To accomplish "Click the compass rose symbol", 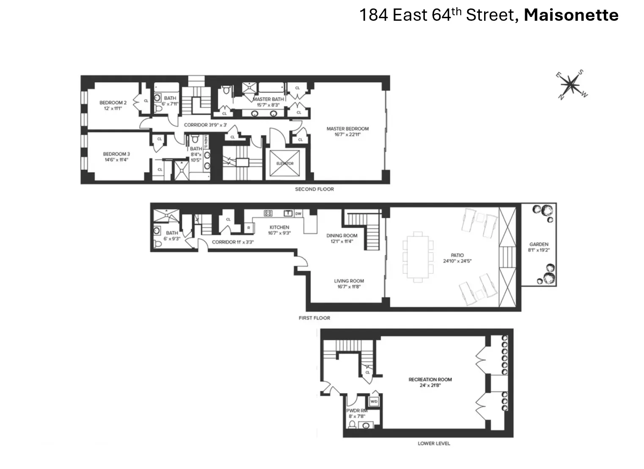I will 572,85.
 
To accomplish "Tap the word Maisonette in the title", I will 571,15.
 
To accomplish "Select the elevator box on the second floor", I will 284,163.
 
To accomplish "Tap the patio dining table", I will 418,257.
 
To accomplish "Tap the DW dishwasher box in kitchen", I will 298,214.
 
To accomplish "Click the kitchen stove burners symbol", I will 268,213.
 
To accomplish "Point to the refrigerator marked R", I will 248,228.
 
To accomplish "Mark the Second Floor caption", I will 314,189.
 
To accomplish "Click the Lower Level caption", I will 434,443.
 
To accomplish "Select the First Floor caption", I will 314,318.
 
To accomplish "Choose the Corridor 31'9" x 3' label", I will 205,125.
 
